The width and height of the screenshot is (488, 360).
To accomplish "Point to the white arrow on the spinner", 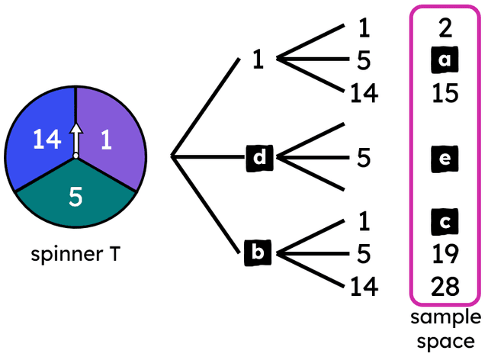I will [x=75, y=142].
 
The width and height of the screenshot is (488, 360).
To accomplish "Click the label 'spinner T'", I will [x=75, y=254].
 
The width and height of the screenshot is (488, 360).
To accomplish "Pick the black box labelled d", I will [x=260, y=158].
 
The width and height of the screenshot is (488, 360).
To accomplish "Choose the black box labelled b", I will [x=258, y=252].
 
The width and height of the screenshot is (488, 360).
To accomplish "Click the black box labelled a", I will [x=445, y=59].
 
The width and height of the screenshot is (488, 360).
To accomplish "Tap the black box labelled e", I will [x=445, y=159].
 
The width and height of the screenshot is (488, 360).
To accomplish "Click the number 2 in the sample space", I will [x=445, y=28].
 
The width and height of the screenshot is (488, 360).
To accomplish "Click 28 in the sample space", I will [x=445, y=287].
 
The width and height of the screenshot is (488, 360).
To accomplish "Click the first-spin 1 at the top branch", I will [x=258, y=59].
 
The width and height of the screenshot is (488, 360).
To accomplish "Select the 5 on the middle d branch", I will [x=364, y=158].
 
